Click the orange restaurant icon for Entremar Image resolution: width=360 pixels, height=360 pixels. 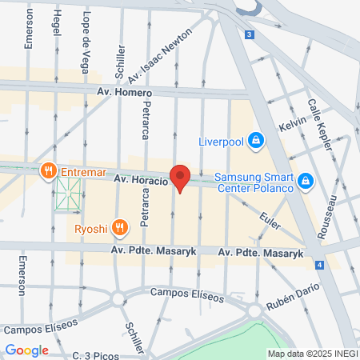pos(48,170)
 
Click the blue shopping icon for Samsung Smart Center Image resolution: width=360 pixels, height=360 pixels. pos(304,183)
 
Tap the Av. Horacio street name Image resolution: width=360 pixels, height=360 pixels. pos(139,181)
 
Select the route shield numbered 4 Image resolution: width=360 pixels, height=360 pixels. pos(318,264)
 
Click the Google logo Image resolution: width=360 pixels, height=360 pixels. pos(27,350)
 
